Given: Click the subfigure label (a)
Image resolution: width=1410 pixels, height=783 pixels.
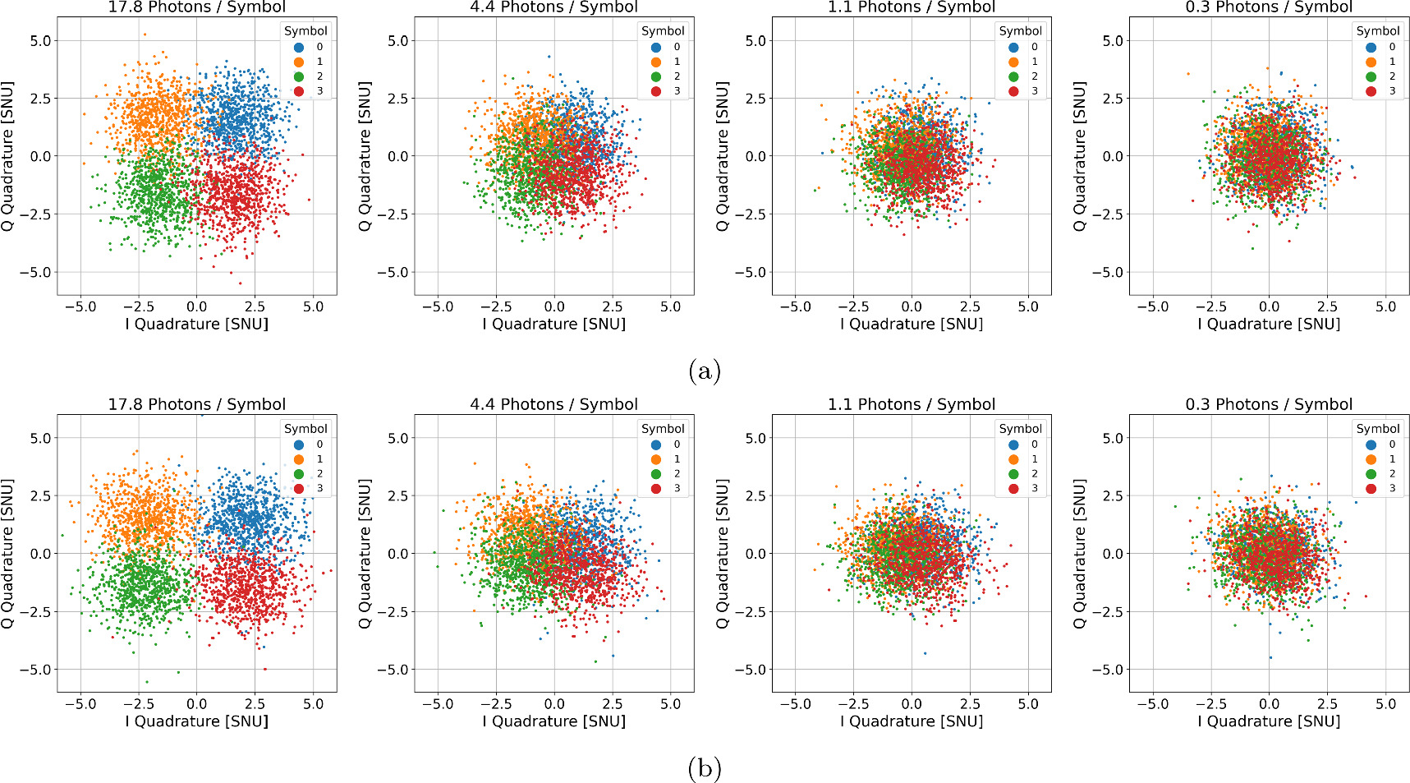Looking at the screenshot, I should tap(705, 372).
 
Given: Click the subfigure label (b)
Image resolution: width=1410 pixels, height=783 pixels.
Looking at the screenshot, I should tap(705, 769).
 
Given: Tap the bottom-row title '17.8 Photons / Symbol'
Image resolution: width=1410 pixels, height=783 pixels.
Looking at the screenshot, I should tap(197, 404).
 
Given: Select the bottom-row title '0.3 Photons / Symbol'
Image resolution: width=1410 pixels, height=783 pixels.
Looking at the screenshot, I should tap(1269, 404).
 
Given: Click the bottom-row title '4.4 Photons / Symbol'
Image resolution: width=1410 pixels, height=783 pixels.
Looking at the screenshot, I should tap(553, 404).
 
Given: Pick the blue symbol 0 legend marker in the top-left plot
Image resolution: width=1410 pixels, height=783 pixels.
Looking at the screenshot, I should tap(299, 47).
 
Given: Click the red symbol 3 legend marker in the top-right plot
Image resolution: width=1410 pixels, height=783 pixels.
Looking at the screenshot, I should tap(1371, 91).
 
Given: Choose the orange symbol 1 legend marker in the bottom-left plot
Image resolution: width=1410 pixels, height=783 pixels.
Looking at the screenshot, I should tap(299, 459).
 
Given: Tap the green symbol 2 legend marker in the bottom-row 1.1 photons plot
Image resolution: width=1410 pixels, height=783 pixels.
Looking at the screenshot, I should tap(1013, 474).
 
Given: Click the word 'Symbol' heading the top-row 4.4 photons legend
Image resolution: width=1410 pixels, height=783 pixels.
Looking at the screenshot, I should tap(663, 31).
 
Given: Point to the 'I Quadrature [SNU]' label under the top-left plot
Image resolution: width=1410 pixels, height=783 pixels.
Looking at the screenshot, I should tap(197, 324).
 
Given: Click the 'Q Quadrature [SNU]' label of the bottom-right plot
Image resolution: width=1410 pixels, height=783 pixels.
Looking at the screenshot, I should tap(1081, 554).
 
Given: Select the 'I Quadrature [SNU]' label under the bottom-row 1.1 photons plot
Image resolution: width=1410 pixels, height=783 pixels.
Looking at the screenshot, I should tap(912, 721).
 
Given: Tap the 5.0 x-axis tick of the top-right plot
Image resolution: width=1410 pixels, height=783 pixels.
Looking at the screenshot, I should tap(1385, 306).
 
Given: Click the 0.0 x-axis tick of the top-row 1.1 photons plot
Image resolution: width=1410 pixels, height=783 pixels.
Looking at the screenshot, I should tap(912, 306).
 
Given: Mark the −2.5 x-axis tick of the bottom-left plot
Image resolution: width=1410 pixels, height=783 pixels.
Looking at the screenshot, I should tap(138, 704).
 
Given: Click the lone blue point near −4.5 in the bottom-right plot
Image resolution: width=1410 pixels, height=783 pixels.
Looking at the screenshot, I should tap(1270, 657).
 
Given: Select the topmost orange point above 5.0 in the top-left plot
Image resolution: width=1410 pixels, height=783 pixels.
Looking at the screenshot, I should tap(145, 35).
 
